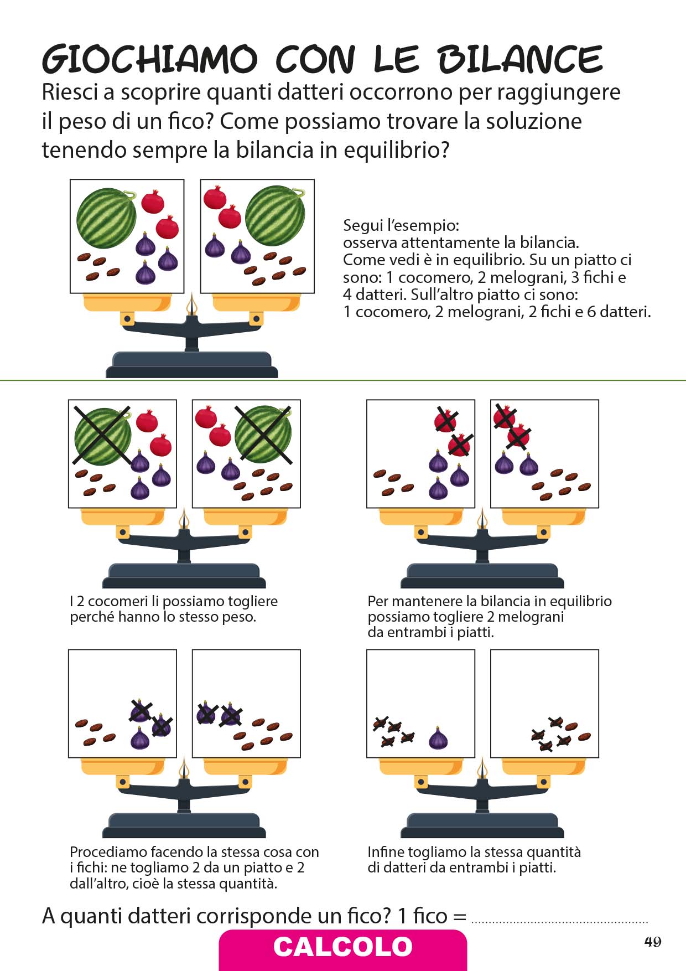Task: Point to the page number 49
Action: (x=653, y=942)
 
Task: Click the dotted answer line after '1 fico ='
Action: (x=559, y=922)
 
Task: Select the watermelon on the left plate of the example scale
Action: (x=106, y=218)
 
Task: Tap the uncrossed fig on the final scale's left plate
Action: (x=439, y=738)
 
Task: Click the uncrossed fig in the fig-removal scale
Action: (x=140, y=738)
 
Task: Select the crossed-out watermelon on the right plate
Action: (x=263, y=435)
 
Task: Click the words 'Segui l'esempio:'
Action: (x=401, y=225)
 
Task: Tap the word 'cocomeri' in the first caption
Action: (x=118, y=601)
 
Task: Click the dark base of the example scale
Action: (x=192, y=365)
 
